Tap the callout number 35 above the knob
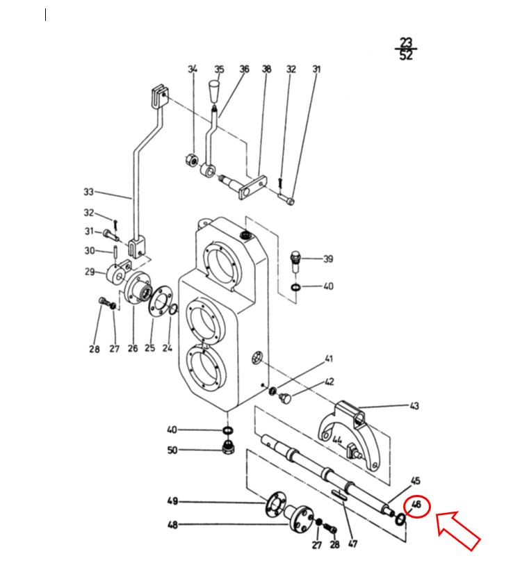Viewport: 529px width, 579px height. click(219, 69)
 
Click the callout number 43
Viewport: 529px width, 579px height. click(414, 405)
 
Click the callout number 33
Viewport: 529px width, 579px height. click(89, 192)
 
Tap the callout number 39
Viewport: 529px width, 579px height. click(328, 259)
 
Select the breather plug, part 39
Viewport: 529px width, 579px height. click(295, 261)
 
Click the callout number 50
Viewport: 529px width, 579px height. click(172, 450)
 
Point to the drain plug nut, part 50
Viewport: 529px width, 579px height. click(227, 447)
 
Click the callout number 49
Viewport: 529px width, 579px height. click(172, 501)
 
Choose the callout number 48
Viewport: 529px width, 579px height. click(172, 525)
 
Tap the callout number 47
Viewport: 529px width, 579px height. click(353, 544)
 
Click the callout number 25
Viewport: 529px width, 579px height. click(149, 348)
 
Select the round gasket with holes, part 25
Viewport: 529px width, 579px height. click(161, 301)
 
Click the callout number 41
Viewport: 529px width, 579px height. click(329, 359)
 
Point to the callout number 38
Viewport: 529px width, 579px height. click(267, 69)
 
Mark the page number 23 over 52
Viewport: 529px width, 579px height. click(406, 49)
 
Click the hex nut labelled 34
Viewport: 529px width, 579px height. click(191, 160)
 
